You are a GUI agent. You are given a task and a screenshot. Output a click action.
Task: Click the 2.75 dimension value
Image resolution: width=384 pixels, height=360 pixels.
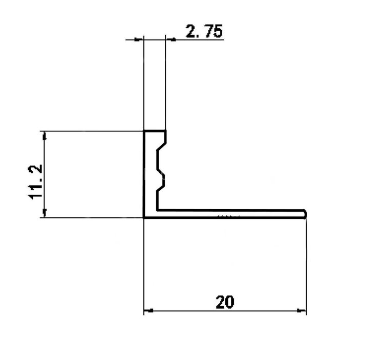pos(204,31)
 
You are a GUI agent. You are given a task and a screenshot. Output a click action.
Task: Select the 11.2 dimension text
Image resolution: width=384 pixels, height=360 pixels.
pos(35,182)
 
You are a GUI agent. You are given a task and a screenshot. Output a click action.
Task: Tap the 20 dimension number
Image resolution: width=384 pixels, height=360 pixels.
pos(225,302)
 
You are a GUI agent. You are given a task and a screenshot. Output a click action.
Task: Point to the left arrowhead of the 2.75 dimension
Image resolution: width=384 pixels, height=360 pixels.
pos(139,39)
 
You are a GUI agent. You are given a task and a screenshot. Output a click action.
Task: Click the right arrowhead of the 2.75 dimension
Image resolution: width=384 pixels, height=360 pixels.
pos(170,39)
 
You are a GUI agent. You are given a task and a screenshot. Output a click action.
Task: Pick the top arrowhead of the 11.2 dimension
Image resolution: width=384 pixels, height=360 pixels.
pos(45,136)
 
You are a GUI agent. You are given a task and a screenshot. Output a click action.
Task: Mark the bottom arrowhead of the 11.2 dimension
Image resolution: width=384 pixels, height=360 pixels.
pos(45,213)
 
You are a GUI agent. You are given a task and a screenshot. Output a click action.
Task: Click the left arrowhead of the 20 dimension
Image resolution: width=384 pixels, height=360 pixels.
pos(148,310)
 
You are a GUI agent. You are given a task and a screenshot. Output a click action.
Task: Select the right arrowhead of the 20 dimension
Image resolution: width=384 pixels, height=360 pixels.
pos(302,310)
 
